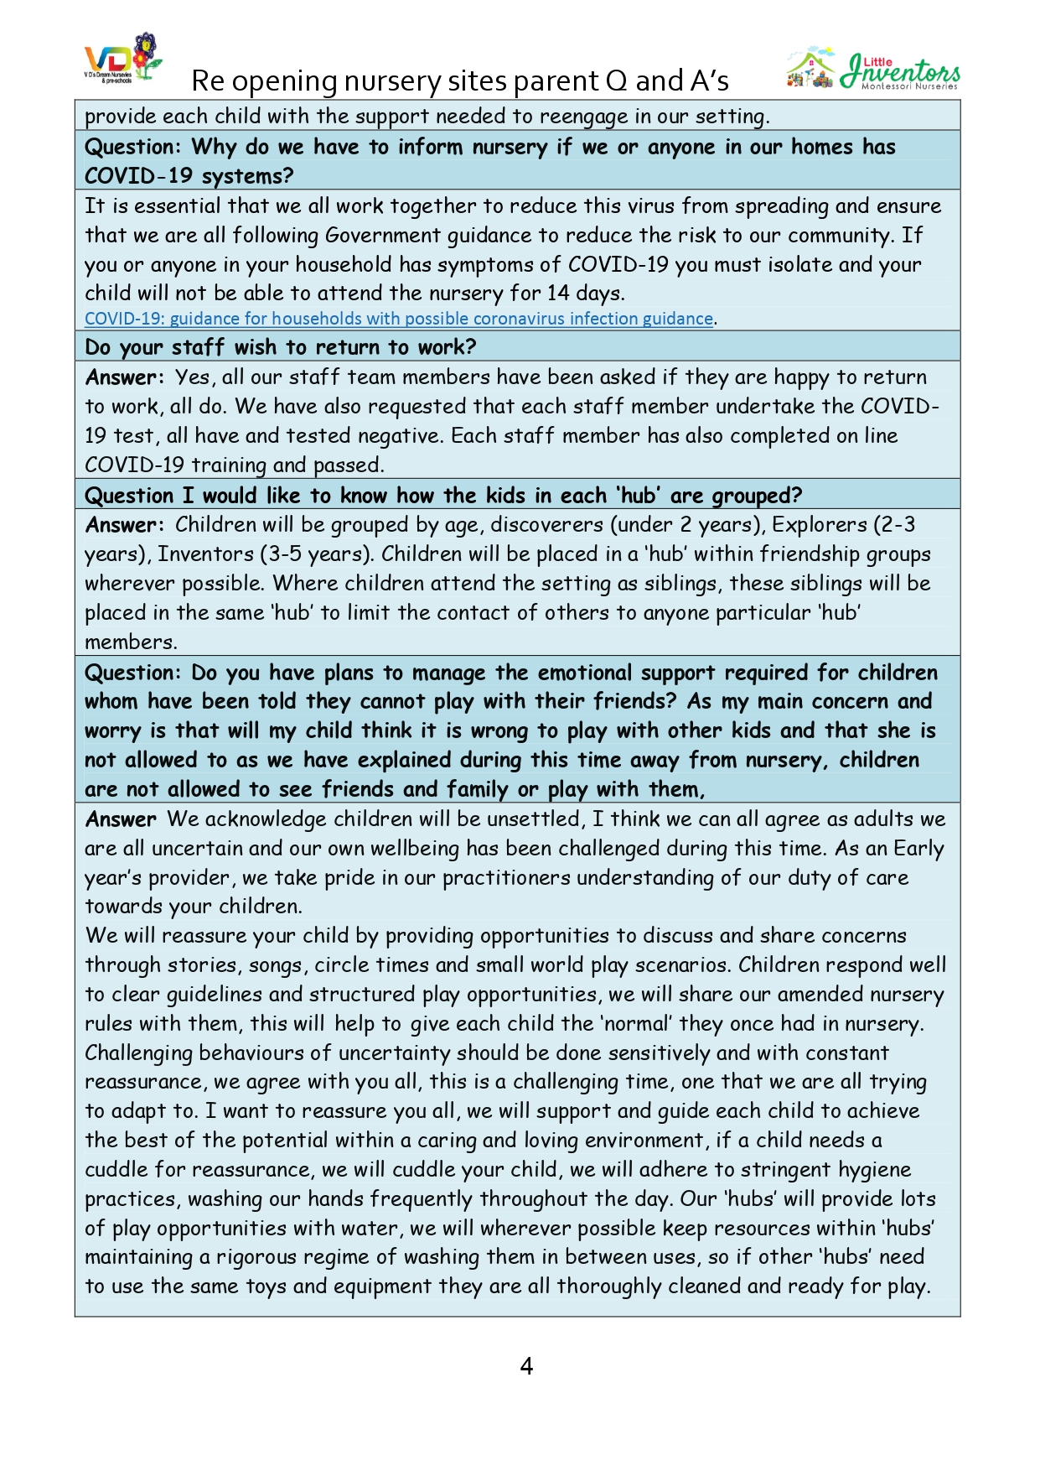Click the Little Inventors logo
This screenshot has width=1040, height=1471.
(x=873, y=70)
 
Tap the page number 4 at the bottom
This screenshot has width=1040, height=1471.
(x=526, y=1366)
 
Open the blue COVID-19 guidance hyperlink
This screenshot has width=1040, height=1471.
(x=399, y=319)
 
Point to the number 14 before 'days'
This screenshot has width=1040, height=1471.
(x=558, y=294)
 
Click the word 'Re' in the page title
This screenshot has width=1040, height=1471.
(x=208, y=81)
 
